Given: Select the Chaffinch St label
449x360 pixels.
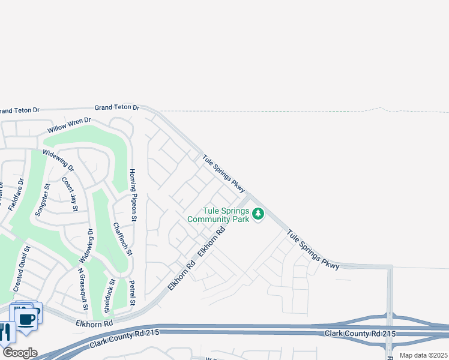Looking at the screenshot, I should click(x=122, y=239).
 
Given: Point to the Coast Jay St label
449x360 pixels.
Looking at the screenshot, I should click(x=70, y=194).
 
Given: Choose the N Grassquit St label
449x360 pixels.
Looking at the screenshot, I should click(x=83, y=287).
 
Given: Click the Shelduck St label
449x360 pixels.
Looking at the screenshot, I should click(x=109, y=296).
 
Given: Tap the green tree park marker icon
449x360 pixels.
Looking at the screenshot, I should click(x=258, y=214).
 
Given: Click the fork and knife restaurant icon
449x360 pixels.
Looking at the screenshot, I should click(x=5, y=332).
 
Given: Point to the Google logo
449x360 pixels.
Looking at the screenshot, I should click(x=19, y=353).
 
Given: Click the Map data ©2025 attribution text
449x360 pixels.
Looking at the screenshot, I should click(x=423, y=355).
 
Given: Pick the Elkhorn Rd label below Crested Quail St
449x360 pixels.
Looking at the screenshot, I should click(x=94, y=323).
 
